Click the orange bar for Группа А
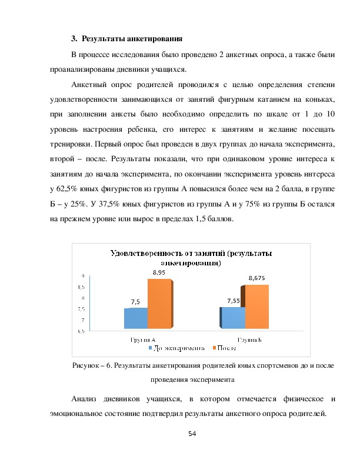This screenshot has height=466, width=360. click(x=160, y=304)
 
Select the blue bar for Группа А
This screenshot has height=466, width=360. click(x=136, y=318)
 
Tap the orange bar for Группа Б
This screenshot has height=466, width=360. click(x=256, y=307)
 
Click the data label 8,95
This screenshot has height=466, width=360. click(x=159, y=273)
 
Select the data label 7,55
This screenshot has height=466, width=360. click(x=234, y=301)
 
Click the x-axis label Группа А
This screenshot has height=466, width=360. click(x=142, y=339)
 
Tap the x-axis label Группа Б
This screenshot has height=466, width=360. click(x=249, y=339)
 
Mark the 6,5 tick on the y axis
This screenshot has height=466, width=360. click(x=81, y=331)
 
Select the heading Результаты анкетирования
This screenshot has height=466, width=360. click(x=132, y=39)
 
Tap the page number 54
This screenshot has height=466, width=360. click(x=192, y=434)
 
